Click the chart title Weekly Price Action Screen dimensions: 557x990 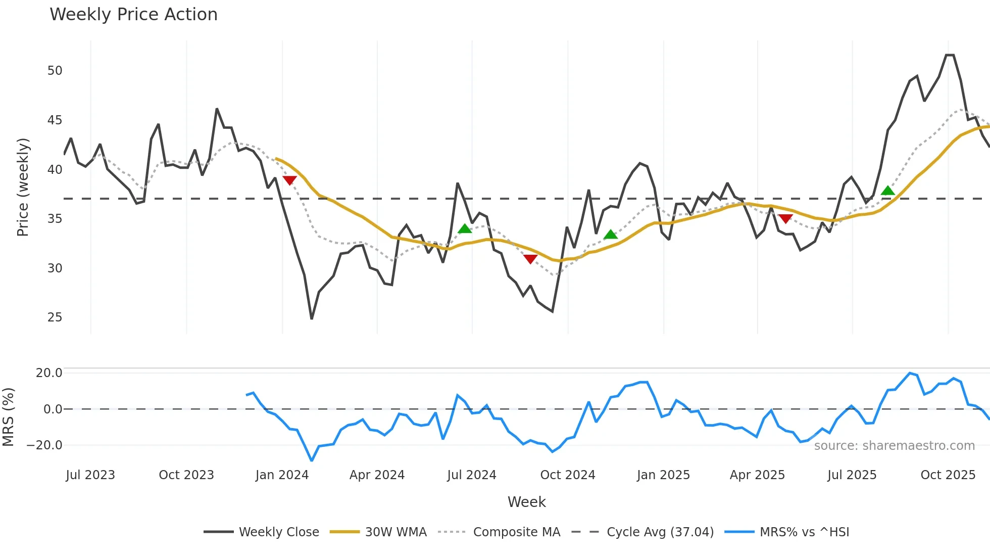click(133, 15)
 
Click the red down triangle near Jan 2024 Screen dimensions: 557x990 click(289, 180)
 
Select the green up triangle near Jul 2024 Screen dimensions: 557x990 click(465, 229)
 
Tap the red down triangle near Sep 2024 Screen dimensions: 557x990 click(530, 259)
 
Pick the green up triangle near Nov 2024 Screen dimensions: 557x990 click(611, 235)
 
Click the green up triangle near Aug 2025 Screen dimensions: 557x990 click(887, 191)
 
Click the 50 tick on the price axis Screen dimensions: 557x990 click(55, 71)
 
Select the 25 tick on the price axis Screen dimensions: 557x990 click(55, 317)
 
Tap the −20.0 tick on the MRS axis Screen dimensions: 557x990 click(44, 445)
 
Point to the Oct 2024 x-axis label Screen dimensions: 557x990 click(567, 475)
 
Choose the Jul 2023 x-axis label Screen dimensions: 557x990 click(90, 475)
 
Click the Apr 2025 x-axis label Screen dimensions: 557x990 click(757, 475)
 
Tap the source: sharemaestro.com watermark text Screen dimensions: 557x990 click(894, 446)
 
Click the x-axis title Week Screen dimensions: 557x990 click(526, 502)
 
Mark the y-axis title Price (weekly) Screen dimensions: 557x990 click(23, 187)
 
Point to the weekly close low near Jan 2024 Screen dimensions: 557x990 click(312, 318)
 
